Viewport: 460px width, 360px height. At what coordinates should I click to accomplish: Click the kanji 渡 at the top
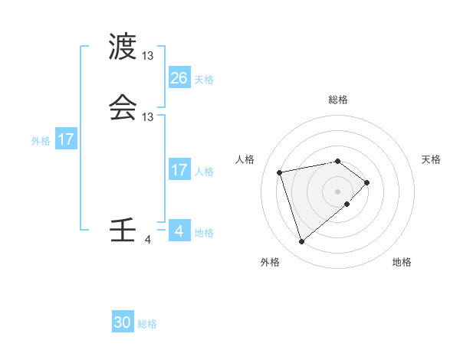[x=123, y=47]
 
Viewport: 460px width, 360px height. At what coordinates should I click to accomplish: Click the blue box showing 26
[x=179, y=78]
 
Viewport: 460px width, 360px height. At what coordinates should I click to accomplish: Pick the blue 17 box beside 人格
[x=179, y=171]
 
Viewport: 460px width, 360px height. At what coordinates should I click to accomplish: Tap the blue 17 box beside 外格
[x=66, y=140]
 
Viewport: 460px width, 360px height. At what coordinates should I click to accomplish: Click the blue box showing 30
[x=123, y=323]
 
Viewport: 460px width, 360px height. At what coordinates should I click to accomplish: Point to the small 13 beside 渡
[x=148, y=56]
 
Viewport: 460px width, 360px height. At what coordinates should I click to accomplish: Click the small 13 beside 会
[x=148, y=117]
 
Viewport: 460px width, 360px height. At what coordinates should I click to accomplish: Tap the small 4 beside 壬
[x=148, y=240]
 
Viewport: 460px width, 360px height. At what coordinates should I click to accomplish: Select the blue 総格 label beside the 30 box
[x=147, y=324]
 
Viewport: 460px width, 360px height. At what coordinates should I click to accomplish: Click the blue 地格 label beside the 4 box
[x=204, y=233]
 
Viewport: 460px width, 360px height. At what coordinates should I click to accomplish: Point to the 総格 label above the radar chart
[x=338, y=100]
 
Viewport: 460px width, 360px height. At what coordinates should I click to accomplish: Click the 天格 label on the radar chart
[x=431, y=159]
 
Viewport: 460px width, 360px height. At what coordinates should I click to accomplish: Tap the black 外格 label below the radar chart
[x=270, y=262]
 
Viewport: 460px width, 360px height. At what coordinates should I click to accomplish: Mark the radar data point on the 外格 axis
[x=301, y=241]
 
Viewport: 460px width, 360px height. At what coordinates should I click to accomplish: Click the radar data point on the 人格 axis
[x=280, y=172]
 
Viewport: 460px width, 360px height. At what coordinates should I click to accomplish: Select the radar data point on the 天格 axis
[x=367, y=182]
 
